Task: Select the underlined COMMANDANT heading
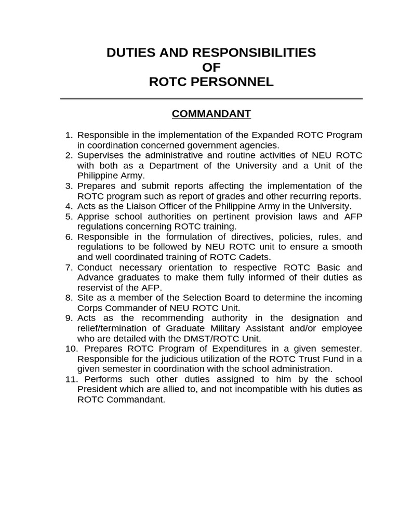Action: click(x=211, y=114)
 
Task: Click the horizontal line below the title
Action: click(x=211, y=99)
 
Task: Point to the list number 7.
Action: click(x=69, y=268)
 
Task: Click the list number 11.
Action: click(x=70, y=379)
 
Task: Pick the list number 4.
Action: click(x=69, y=206)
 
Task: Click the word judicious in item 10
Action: click(x=168, y=359)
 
